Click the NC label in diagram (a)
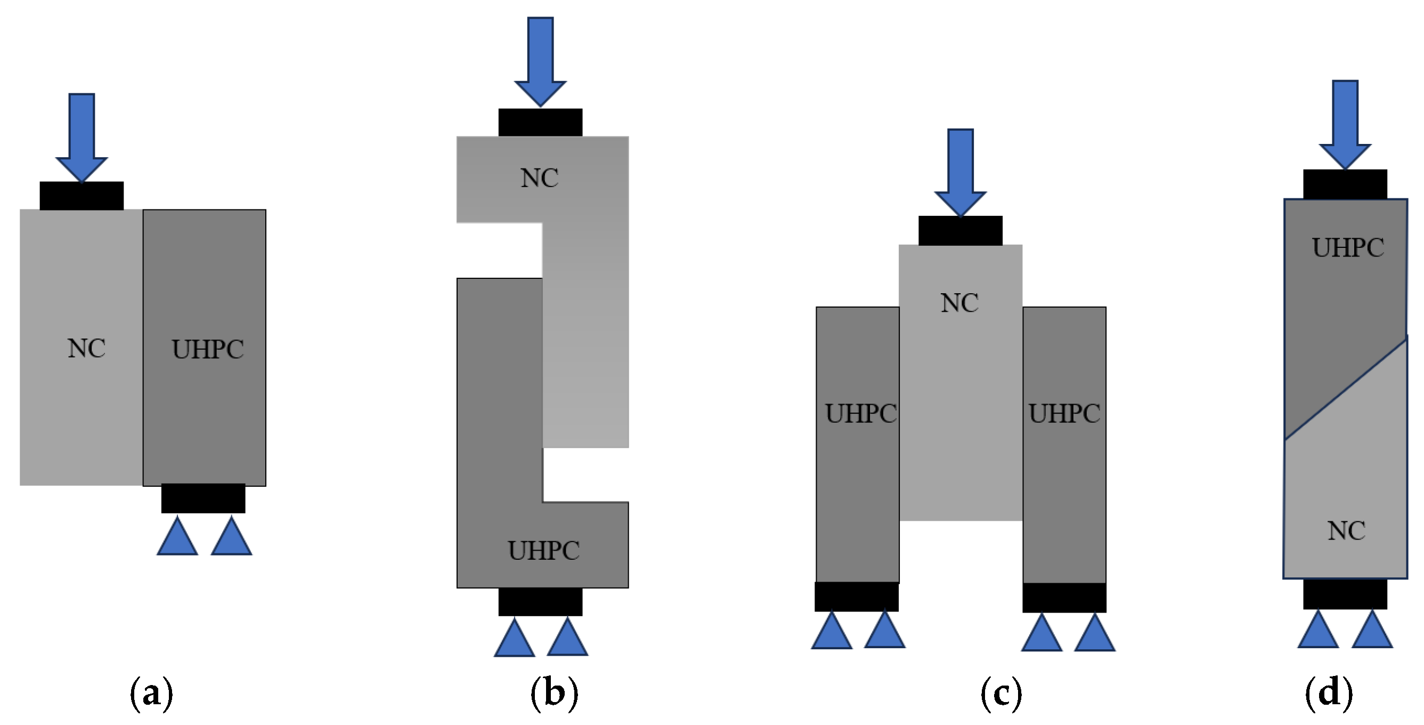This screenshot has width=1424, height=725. click(x=87, y=349)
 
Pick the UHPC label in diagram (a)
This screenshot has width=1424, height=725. click(x=208, y=350)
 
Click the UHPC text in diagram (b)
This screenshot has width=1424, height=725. click(x=544, y=550)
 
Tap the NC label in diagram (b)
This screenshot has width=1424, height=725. click(x=540, y=178)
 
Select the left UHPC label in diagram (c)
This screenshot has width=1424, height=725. click(x=860, y=414)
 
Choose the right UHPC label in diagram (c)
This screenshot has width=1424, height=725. click(x=1064, y=414)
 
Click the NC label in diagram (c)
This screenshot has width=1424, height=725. click(x=959, y=303)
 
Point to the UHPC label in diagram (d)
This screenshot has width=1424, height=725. click(x=1348, y=248)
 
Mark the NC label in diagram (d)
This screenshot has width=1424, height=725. click(x=1346, y=531)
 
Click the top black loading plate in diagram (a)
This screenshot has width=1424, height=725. click(x=82, y=196)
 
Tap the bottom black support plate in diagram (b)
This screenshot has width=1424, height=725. click(x=540, y=602)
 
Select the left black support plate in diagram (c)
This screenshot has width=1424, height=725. click(x=856, y=597)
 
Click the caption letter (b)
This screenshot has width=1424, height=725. click(x=554, y=694)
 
